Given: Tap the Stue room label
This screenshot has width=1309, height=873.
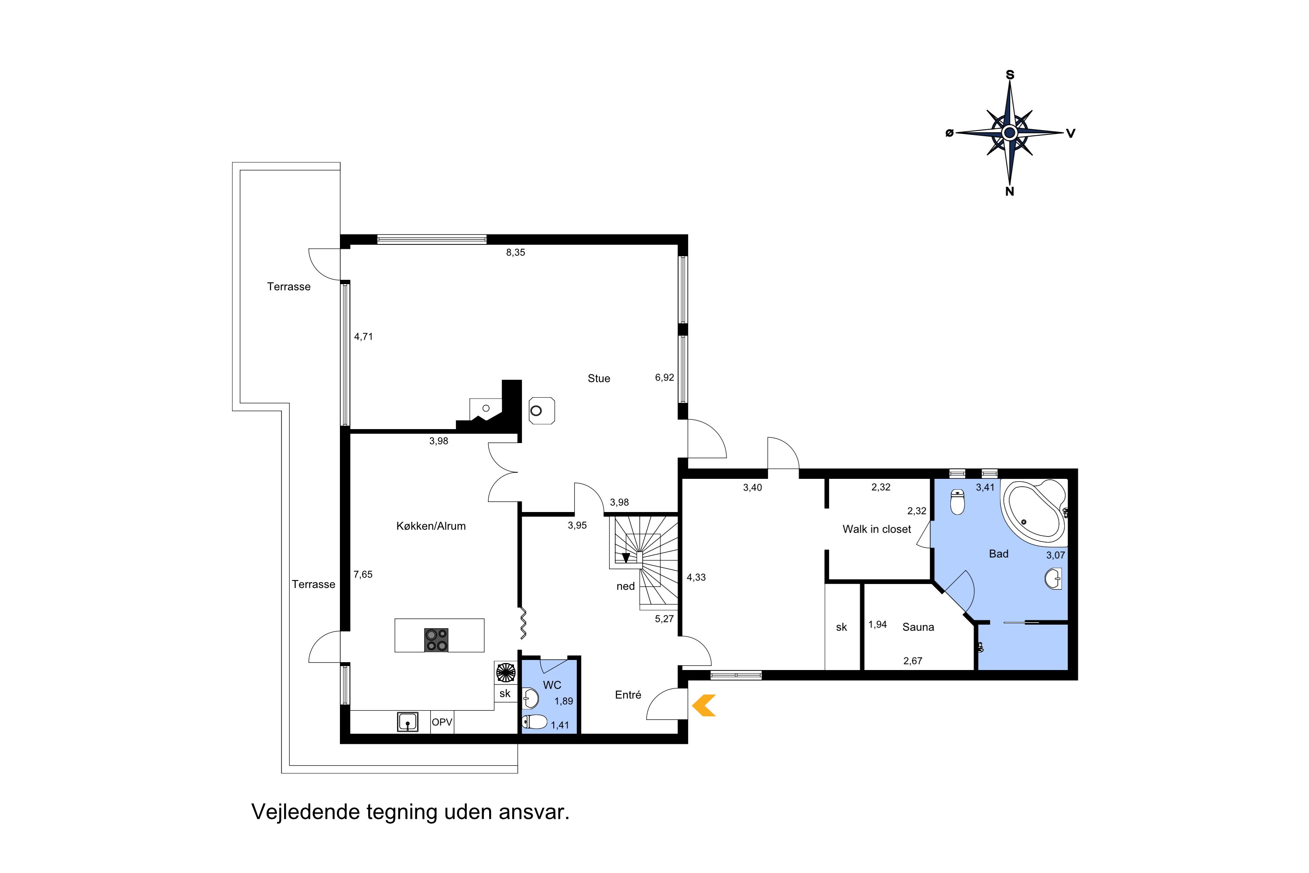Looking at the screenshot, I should pos(599,378).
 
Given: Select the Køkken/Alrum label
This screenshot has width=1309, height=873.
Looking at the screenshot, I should pos(431,526).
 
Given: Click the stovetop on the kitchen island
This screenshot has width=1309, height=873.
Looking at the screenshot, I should pos(436,640).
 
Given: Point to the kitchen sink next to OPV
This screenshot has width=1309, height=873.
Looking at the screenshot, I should pos(408,722).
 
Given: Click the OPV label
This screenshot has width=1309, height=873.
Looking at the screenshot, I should pos(442,722).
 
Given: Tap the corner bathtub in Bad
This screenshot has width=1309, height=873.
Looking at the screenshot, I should pos(1034,512).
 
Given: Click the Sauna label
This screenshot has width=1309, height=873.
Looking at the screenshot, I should pos(918,627).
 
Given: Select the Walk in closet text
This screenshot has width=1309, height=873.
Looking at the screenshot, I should pos(877,529).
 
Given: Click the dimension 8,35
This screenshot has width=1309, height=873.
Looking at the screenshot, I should pos(515,253).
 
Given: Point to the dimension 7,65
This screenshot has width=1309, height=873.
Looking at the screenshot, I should pos(363,574).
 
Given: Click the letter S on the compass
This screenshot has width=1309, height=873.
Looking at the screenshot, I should pos(1010,75).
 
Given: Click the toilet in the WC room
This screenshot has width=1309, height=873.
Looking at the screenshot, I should pos(535,722).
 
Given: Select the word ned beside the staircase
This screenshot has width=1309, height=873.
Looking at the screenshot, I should pos(626,586).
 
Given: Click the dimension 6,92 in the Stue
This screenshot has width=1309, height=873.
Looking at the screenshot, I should pos(664,378).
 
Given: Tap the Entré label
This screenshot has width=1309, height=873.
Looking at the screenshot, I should pos(628,695).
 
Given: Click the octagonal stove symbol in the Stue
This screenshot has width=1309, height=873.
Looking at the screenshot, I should pos(541,411).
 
